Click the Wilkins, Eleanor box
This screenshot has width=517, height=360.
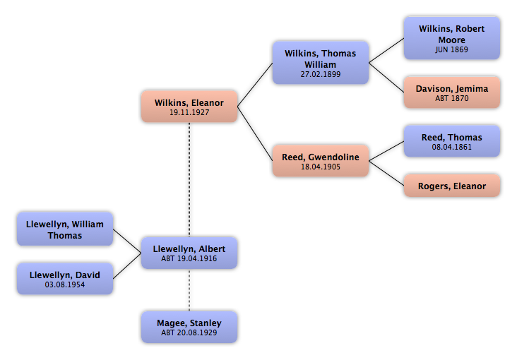click(189, 107)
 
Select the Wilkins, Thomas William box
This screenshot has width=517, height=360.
click(320, 63)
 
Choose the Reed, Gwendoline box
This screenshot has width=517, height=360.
click(320, 161)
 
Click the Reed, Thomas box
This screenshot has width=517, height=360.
click(451, 141)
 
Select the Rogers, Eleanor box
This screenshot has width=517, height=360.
click(451, 186)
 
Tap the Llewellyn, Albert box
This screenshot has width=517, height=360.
click(189, 253)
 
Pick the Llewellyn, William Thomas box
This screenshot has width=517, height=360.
click(64, 229)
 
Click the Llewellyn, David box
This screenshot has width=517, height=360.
click(64, 279)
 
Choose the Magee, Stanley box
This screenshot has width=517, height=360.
click(189, 328)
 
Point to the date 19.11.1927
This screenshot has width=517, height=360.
click(189, 112)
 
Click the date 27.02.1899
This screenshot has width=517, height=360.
click(320, 73)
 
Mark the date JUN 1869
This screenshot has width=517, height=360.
click(451, 50)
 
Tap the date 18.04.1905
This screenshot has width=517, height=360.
click(320, 167)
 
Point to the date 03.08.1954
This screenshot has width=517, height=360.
click(64, 284)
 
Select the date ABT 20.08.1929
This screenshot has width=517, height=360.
click(189, 332)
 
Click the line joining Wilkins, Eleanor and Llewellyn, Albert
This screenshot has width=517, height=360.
click(189, 181)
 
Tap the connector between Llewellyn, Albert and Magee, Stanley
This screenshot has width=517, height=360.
click(189, 290)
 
